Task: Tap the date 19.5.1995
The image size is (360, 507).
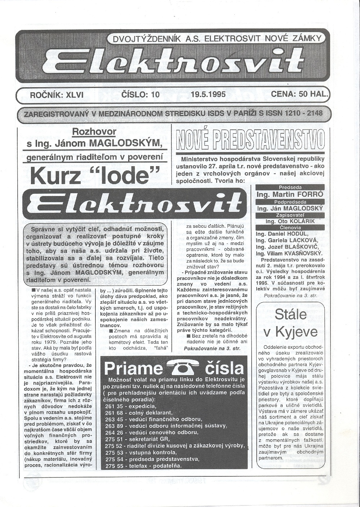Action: point(208,95)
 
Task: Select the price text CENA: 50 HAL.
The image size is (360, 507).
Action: point(300,94)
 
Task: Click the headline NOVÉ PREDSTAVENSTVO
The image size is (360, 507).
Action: point(251,141)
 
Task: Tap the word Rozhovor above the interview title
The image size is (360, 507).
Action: point(94,132)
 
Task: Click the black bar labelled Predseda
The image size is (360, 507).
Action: point(290,187)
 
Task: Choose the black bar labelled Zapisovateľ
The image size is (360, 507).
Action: point(290,215)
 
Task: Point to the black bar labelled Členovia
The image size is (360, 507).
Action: point(290,227)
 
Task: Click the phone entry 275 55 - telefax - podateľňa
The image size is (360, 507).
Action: point(144,466)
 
